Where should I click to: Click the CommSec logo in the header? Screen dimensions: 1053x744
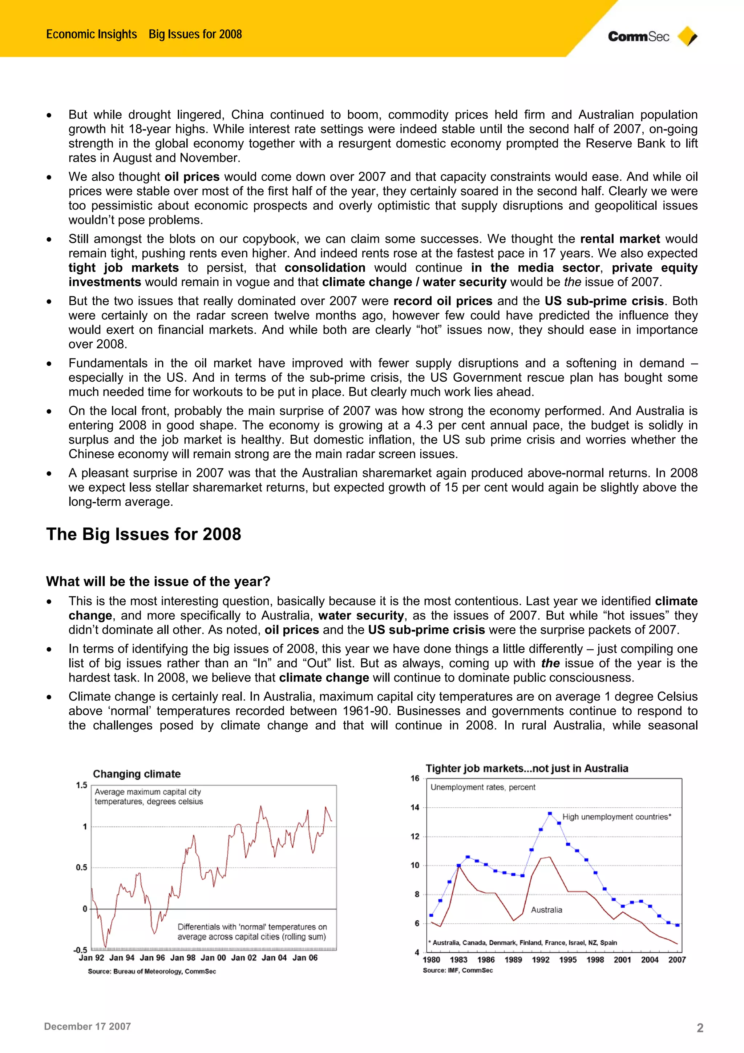pos(638,37)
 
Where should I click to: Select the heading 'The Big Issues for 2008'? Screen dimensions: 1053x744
pos(143,534)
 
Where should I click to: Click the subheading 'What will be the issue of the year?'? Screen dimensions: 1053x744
pos(158,582)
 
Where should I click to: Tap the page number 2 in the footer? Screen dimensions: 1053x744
pos(700,1028)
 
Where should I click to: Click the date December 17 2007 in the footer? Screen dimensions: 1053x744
pos(88,1026)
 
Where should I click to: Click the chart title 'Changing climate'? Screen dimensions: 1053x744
pos(137,774)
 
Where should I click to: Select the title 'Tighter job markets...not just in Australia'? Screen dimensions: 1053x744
pos(527,769)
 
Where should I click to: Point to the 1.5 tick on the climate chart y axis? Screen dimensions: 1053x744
pos(82,785)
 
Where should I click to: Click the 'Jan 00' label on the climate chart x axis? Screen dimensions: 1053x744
pos(213,958)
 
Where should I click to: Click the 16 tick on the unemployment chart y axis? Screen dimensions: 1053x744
pos(415,778)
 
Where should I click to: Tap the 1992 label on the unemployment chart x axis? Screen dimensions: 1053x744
pos(541,960)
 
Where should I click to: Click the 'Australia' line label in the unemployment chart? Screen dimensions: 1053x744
pos(546,910)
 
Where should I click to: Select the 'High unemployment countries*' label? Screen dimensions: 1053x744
pos(616,817)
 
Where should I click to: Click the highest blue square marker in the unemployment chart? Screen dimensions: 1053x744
pos(550,813)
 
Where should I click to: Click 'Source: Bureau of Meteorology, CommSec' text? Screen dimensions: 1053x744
pos(152,971)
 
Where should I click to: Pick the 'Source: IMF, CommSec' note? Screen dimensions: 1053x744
pos(457,970)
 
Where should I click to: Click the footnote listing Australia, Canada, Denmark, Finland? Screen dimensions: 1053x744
pos(522,943)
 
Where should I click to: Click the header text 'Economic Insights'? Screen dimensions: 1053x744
pos(92,35)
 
